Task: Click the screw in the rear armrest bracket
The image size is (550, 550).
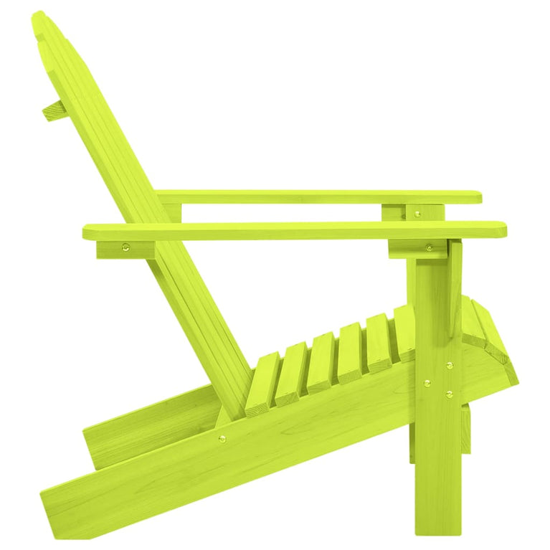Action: click(127, 248)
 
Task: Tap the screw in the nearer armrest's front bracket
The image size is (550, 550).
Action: click(429, 248)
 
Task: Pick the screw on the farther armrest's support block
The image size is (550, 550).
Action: click(418, 212)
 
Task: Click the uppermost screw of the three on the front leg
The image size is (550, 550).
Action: click(450, 365)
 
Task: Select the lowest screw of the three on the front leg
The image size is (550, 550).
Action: click(449, 394)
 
